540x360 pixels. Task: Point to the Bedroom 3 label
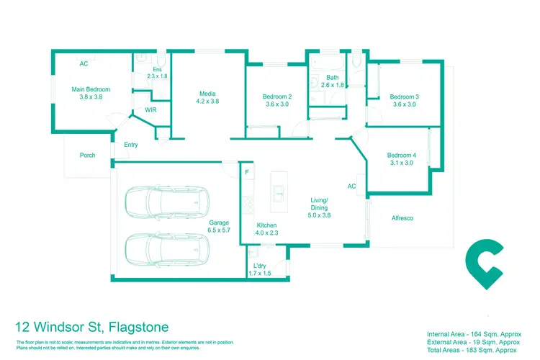(x=404, y=101)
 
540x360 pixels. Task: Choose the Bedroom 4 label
(x=400, y=159)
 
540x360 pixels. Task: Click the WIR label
(x=151, y=109)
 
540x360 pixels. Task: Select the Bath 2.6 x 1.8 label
(x=332, y=81)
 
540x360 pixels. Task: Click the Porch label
(x=87, y=155)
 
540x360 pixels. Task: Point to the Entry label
(x=130, y=145)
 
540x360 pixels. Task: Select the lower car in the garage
(x=165, y=249)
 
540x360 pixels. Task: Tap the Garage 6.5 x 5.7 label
(x=219, y=227)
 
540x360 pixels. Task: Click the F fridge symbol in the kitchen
(x=246, y=172)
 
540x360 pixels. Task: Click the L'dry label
(x=261, y=270)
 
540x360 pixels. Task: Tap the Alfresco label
(x=402, y=217)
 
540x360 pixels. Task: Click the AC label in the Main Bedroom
(x=84, y=64)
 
